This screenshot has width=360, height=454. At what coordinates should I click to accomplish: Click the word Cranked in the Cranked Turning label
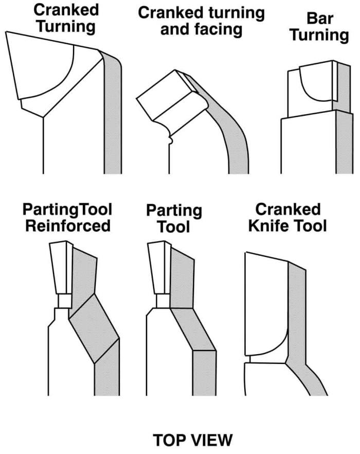click(x=66, y=10)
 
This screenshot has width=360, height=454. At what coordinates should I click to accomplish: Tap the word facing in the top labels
click(x=221, y=30)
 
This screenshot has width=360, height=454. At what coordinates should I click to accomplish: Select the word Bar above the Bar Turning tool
click(x=320, y=19)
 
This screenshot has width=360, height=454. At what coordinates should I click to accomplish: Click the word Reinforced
click(x=68, y=226)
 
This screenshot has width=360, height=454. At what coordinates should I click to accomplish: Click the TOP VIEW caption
click(x=193, y=440)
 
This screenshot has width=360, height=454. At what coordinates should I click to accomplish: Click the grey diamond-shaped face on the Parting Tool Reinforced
click(x=94, y=328)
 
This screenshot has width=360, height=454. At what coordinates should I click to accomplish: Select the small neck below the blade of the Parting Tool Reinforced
click(x=65, y=301)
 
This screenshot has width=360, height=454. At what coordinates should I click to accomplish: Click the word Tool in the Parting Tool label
click(x=174, y=226)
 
